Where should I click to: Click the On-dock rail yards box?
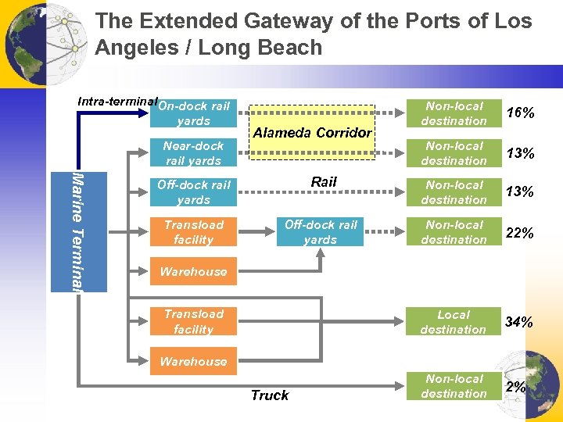[x=193, y=114]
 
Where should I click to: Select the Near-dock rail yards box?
[x=193, y=153]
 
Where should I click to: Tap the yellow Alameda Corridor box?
[x=312, y=132]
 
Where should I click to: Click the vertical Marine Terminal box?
[x=78, y=231]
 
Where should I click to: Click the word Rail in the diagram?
[x=324, y=182]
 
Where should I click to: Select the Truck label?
[x=270, y=395]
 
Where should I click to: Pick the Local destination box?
[x=454, y=322]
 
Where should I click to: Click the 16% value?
[x=520, y=114]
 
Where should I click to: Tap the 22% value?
[x=520, y=233]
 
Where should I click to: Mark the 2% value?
[x=516, y=387]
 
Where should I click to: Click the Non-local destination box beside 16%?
[x=454, y=114]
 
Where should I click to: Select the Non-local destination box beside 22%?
[x=454, y=232]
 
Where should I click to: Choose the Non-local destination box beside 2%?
[x=454, y=387]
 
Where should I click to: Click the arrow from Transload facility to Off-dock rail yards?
[x=256, y=232]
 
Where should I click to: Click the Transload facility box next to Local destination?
[x=193, y=322]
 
